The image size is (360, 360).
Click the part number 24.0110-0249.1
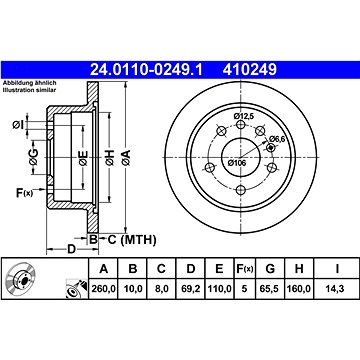coord(146,70)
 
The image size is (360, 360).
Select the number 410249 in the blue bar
coord(250,70)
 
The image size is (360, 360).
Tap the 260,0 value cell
coord(104,289)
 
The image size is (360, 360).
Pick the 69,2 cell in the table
coord(190,289)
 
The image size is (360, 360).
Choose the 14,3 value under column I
coord(337,289)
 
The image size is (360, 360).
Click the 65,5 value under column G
coord(270,289)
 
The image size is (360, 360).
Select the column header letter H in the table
coord(299,269)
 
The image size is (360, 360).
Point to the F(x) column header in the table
coord(245,269)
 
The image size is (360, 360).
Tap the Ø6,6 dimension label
coord(277,139)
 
